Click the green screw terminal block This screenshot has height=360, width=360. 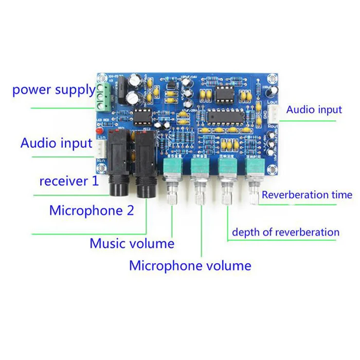[x=104, y=97]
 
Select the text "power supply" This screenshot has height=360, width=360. [x=54, y=90]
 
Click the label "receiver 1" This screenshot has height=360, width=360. [x=68, y=181]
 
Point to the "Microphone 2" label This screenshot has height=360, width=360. [x=92, y=210]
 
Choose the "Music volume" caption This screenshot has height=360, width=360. [x=132, y=243]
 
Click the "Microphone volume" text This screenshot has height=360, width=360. [x=190, y=265]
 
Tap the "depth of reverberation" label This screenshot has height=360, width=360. [x=285, y=232]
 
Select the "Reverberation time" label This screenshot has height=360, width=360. [x=307, y=194]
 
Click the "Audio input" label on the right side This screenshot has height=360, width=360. [x=314, y=110]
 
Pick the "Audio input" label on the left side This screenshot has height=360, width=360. [x=56, y=142]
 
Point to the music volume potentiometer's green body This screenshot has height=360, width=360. [x=171, y=167]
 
